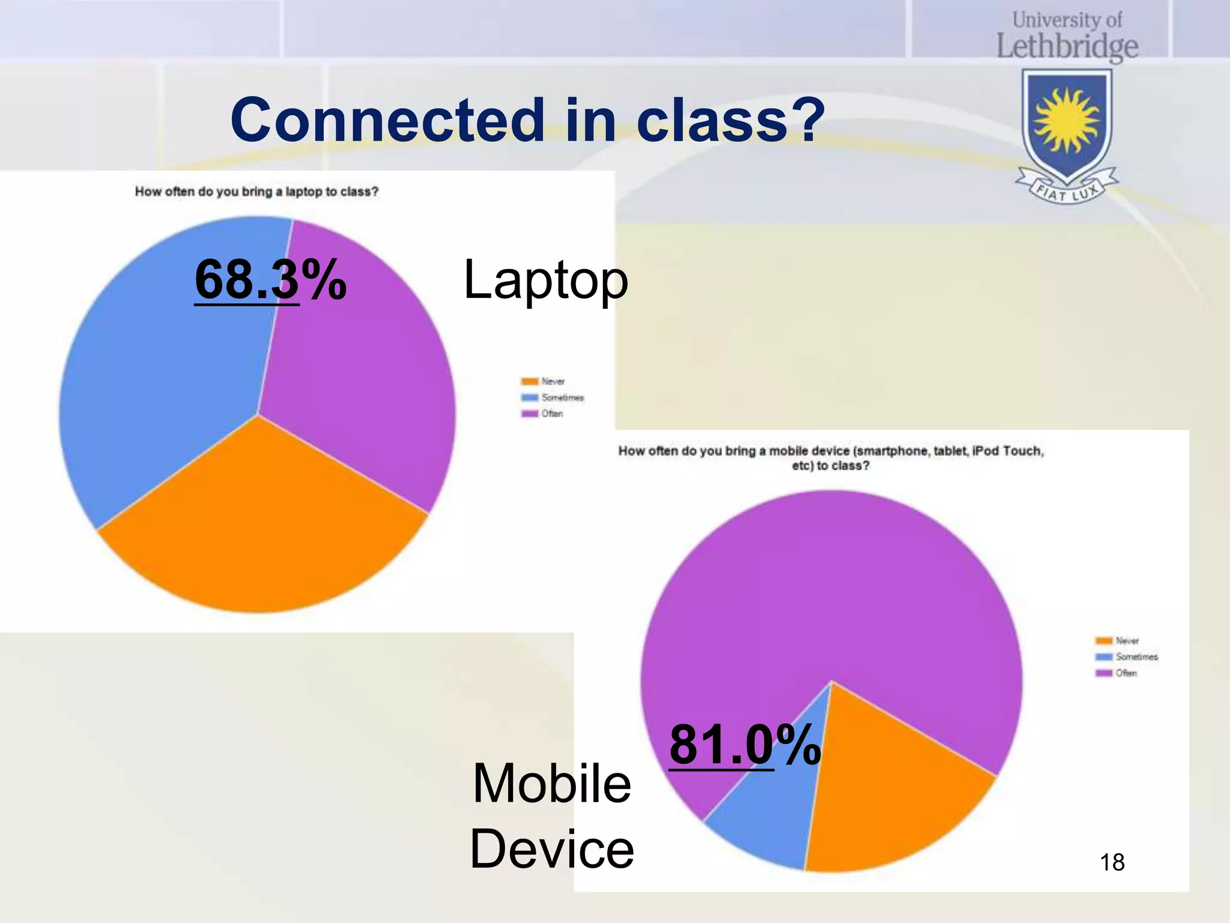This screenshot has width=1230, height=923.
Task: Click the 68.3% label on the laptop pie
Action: coord(270,279)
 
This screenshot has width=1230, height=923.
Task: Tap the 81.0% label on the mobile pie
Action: coord(745,745)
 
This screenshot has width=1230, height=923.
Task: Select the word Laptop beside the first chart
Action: coord(545,280)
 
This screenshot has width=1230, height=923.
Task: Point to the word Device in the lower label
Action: coord(551,848)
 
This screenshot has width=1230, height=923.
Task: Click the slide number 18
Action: coord(1112,862)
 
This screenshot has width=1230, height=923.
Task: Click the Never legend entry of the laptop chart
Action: coord(544,382)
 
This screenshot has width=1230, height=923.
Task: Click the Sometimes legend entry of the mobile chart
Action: coord(1127,657)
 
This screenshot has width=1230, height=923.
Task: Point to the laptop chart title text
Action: coord(256,192)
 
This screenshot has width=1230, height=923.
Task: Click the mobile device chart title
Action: coord(831,458)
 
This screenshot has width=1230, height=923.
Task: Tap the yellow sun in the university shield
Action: coord(1067,121)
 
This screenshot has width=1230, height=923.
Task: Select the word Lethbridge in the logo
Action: coord(1067,47)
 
